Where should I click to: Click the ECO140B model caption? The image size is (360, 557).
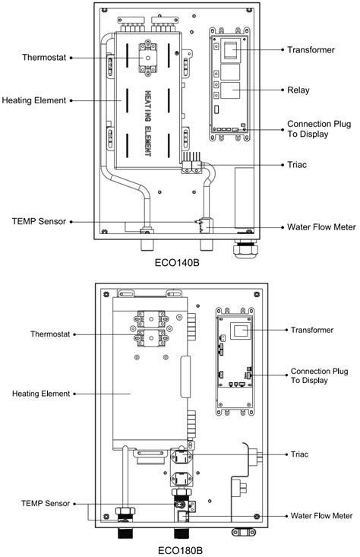tap(176, 263)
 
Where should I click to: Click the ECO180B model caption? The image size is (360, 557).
tap(180, 550)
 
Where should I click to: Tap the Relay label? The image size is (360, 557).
tap(298, 90)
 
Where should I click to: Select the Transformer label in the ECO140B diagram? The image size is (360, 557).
tap(311, 49)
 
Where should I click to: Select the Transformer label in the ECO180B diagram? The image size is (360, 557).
tap(311, 330)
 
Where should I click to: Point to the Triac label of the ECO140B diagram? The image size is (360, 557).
tap(297, 165)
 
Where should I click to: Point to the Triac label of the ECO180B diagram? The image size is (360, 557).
tap(299, 454)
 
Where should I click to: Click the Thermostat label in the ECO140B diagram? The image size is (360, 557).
tap(44, 58)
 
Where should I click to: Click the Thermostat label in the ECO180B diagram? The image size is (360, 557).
tap(50, 334)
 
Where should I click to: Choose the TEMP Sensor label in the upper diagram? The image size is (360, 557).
tap(39, 222)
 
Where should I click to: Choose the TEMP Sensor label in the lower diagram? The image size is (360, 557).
tap(46, 503)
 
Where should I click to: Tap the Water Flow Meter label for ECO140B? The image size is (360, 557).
tap(321, 227)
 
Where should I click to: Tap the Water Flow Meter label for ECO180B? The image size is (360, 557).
tap(321, 516)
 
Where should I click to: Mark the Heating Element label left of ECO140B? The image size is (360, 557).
tap(34, 100)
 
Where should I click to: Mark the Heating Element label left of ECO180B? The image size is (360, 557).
tap(41, 394)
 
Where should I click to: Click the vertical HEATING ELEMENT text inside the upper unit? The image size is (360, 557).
tap(148, 124)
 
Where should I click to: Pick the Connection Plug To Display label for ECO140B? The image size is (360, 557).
tap(319, 129)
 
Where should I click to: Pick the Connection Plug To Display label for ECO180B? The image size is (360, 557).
tap(319, 376)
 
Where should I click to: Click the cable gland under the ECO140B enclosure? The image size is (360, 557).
tap(245, 250)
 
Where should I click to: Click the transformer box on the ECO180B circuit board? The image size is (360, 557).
tap(241, 331)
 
